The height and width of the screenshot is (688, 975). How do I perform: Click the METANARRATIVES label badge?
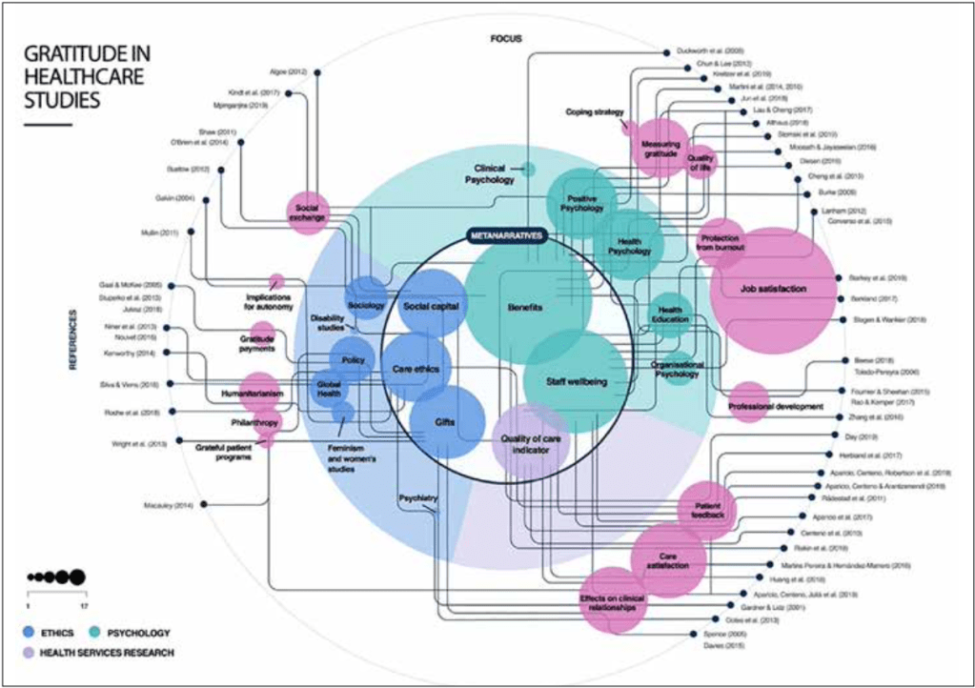(506, 234)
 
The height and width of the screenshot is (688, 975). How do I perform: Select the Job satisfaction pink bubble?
(773, 290)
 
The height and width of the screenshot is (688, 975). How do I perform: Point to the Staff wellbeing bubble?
(576, 381)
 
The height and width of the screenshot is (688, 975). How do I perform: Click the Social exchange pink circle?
(307, 213)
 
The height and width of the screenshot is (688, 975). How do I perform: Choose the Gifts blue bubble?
(447, 422)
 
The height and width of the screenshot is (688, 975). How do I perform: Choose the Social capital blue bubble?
(432, 305)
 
